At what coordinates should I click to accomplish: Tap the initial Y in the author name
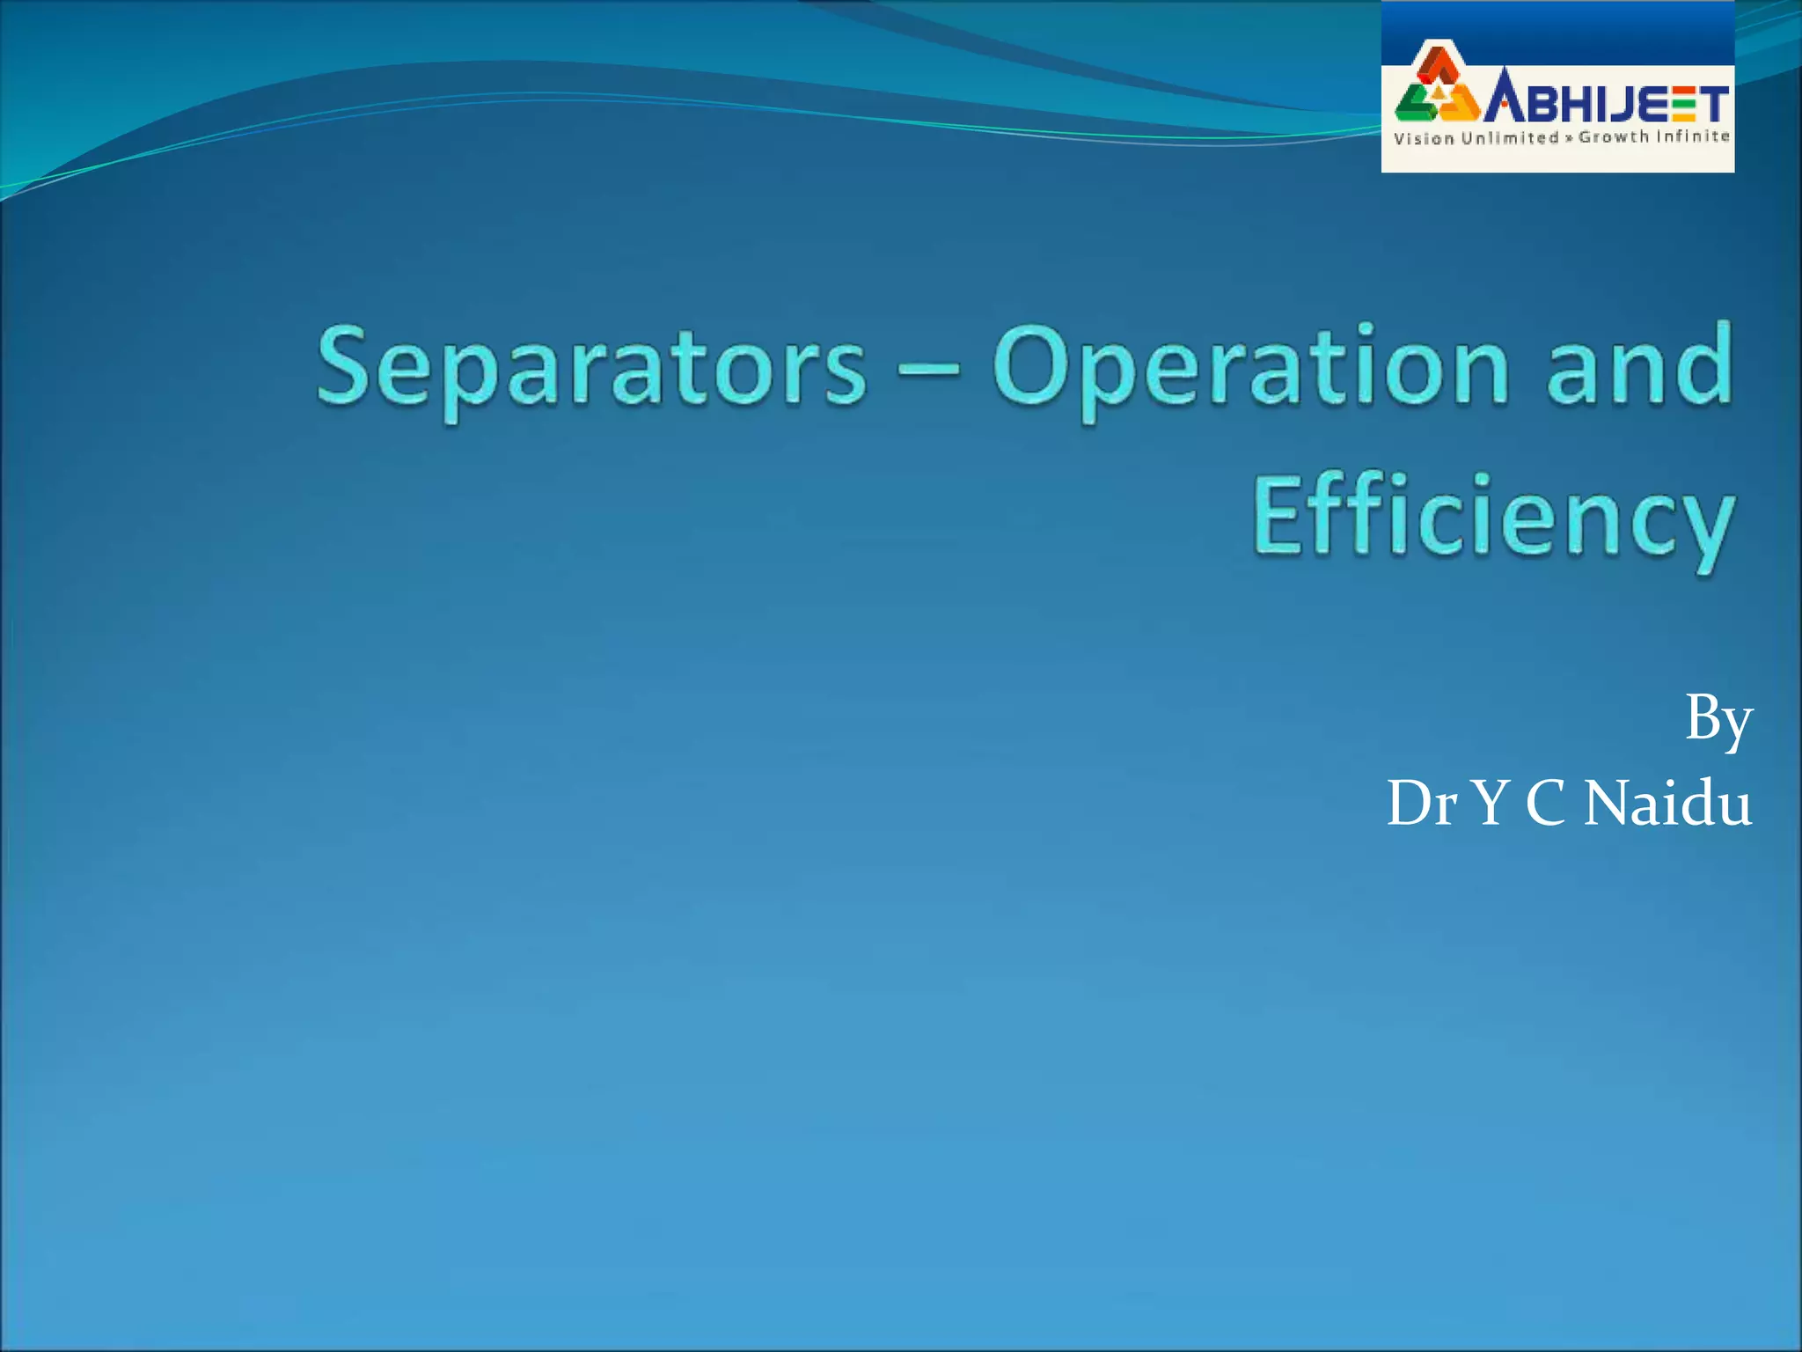coord(1491,803)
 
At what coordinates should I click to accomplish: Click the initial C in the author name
coord(1546,803)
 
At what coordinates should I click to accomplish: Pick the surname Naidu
coord(1667,803)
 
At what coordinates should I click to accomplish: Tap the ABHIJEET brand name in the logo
coord(1607,102)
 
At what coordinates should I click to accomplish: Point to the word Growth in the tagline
coord(1614,137)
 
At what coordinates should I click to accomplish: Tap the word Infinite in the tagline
coord(1694,136)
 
